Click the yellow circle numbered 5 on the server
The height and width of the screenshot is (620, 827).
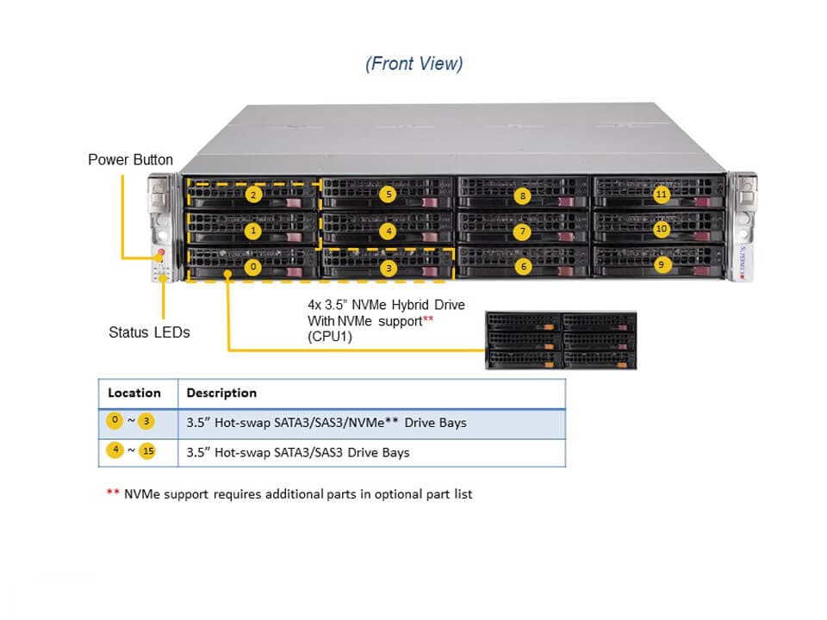tap(389, 195)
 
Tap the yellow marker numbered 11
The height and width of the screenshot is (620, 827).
tap(661, 194)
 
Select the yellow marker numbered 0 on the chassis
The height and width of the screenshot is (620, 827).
tap(252, 267)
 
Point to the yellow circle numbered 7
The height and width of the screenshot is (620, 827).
tap(523, 231)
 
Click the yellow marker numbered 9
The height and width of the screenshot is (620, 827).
tap(661, 265)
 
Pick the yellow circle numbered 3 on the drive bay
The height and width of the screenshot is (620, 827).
tap(389, 267)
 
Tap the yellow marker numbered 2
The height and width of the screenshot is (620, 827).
tap(252, 195)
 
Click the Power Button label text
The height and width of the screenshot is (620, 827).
tap(130, 160)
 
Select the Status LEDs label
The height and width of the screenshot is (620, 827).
tap(149, 332)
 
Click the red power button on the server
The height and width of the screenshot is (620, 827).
tap(160, 253)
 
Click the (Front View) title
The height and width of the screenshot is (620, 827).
tap(413, 64)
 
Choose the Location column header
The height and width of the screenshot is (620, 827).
tap(134, 393)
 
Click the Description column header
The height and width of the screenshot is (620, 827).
tap(221, 393)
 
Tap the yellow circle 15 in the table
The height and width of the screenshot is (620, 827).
tap(146, 451)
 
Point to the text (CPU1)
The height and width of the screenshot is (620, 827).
tap(328, 336)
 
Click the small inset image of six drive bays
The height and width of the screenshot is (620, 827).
tap(561, 341)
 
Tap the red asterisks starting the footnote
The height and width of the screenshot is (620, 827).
tap(113, 494)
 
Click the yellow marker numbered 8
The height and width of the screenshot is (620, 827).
tap(523, 195)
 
